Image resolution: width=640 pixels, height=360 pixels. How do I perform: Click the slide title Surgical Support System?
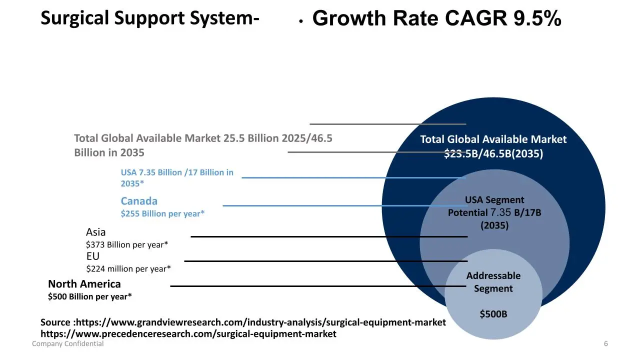pos(149,18)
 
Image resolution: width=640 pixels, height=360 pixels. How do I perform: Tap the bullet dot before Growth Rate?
pos(300,21)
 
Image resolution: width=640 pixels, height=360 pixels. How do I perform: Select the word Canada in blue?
pos(139,201)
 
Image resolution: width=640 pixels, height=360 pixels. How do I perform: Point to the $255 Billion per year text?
pos(162,214)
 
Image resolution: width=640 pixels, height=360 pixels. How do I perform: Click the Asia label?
pos(96,232)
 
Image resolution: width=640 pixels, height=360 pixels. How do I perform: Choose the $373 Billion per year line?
pos(127,244)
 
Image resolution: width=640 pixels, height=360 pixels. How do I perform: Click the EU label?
pos(93,256)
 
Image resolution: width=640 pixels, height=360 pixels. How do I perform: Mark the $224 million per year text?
pos(128,269)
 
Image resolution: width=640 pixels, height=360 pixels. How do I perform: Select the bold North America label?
pos(84,284)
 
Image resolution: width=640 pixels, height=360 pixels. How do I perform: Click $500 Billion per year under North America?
pos(90,296)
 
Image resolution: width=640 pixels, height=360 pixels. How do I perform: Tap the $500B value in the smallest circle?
pos(493,314)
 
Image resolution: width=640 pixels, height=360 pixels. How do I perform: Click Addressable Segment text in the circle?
pos(493,282)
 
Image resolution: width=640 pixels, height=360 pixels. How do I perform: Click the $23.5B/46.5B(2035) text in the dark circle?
pos(493,154)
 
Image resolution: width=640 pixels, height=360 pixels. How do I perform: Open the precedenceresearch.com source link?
pos(188,333)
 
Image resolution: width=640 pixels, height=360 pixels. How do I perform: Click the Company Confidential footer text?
pos(68,344)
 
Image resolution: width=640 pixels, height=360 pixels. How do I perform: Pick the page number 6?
pos(606,344)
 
